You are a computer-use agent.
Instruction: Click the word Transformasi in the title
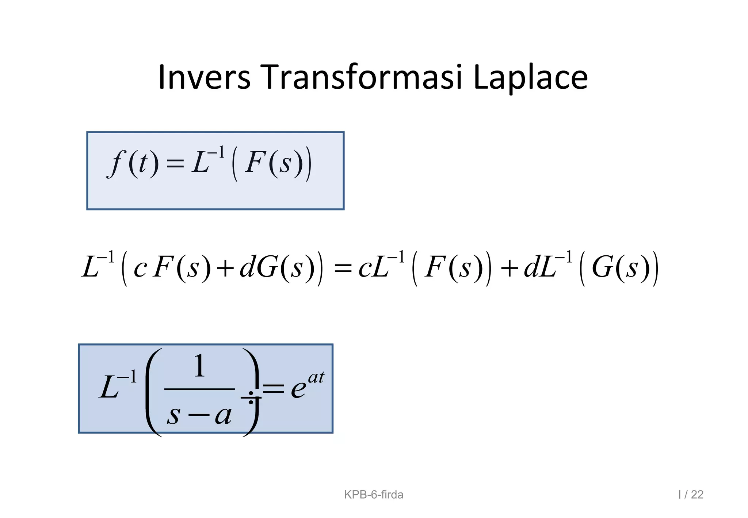click(362, 77)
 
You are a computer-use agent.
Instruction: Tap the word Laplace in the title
click(530, 78)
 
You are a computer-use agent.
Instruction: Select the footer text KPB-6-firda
click(374, 495)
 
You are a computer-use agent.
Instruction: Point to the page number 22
click(697, 495)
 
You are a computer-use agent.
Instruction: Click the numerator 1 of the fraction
click(199, 366)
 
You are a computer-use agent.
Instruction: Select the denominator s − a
click(199, 415)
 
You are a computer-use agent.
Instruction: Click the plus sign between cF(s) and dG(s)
click(225, 268)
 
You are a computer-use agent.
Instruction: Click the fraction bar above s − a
click(199, 389)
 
